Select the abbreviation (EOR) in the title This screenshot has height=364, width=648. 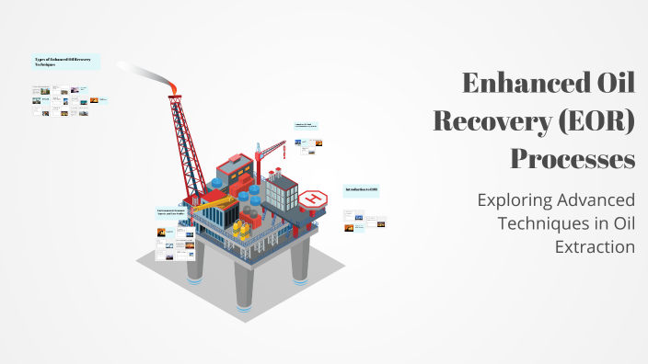click(594, 122)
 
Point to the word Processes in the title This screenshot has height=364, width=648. click(573, 159)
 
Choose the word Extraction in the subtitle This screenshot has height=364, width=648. click(595, 246)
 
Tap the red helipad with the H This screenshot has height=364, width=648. click(315, 197)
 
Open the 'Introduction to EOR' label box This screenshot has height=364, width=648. click(362, 190)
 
